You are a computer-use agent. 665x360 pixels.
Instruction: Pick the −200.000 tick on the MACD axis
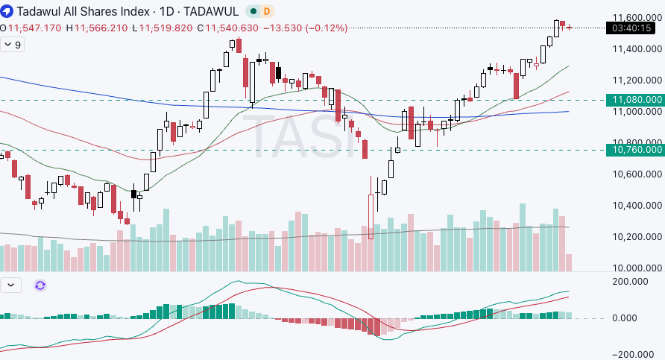point(636,355)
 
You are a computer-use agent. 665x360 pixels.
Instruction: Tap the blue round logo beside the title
point(7,11)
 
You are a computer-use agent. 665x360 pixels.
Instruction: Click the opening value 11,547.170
point(35,28)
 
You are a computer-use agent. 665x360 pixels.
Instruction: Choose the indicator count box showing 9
point(13,45)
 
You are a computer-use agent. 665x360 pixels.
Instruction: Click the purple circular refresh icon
point(40,285)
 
